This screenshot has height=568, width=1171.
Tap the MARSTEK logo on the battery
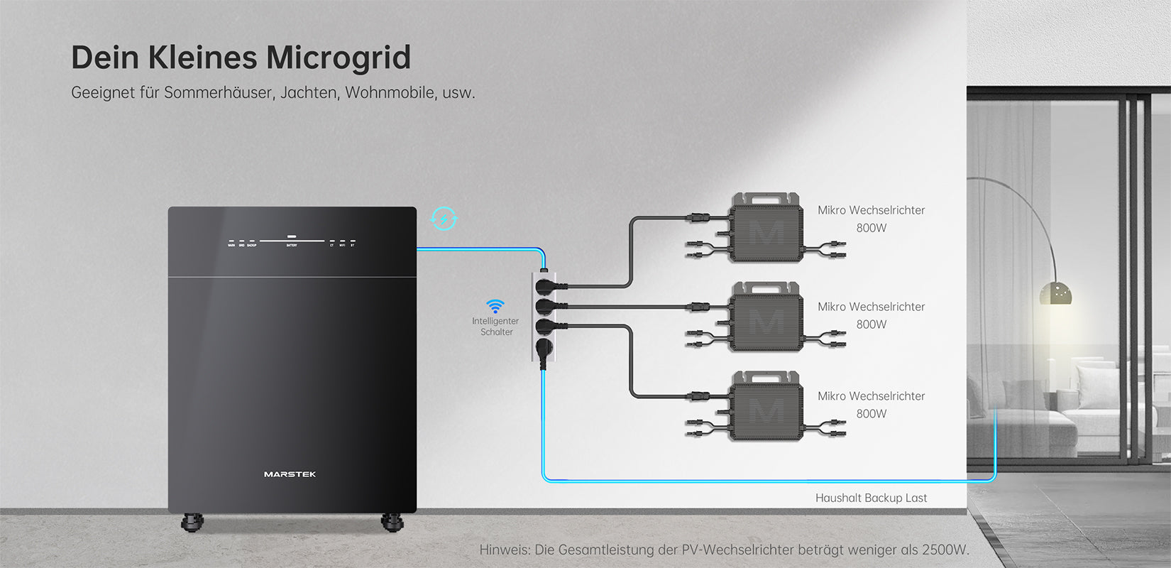290,474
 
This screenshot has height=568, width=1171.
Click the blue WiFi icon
495,306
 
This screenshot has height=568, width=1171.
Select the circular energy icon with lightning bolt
444,219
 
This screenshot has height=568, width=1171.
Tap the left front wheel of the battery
192,522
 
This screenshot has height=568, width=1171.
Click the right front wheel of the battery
392,522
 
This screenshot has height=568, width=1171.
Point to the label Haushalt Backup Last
871,498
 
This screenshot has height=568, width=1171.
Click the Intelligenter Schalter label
495,327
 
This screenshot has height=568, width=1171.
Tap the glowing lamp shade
1055,293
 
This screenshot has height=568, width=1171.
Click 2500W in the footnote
944,550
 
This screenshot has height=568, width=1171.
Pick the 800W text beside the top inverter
871,228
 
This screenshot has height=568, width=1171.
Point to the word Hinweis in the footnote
504,550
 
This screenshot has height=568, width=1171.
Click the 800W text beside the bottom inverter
871,414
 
